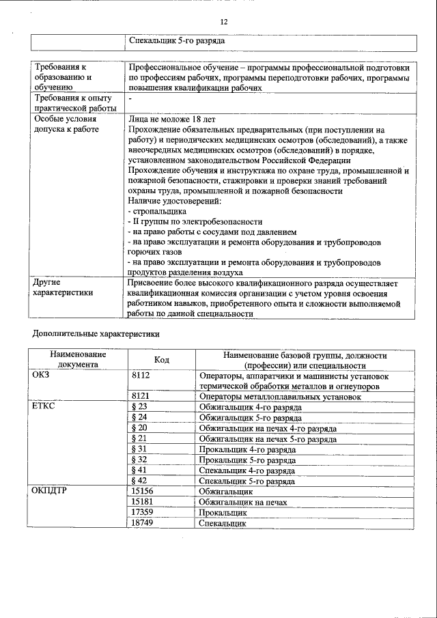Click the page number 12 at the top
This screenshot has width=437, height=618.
click(x=223, y=22)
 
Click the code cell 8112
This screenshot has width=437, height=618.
click(x=140, y=376)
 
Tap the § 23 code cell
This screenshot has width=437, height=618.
click(x=139, y=406)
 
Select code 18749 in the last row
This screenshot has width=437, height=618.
click(x=142, y=523)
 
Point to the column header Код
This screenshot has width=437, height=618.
click(x=162, y=360)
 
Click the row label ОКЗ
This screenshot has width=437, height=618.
click(x=42, y=376)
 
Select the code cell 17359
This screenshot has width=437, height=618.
click(x=142, y=512)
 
